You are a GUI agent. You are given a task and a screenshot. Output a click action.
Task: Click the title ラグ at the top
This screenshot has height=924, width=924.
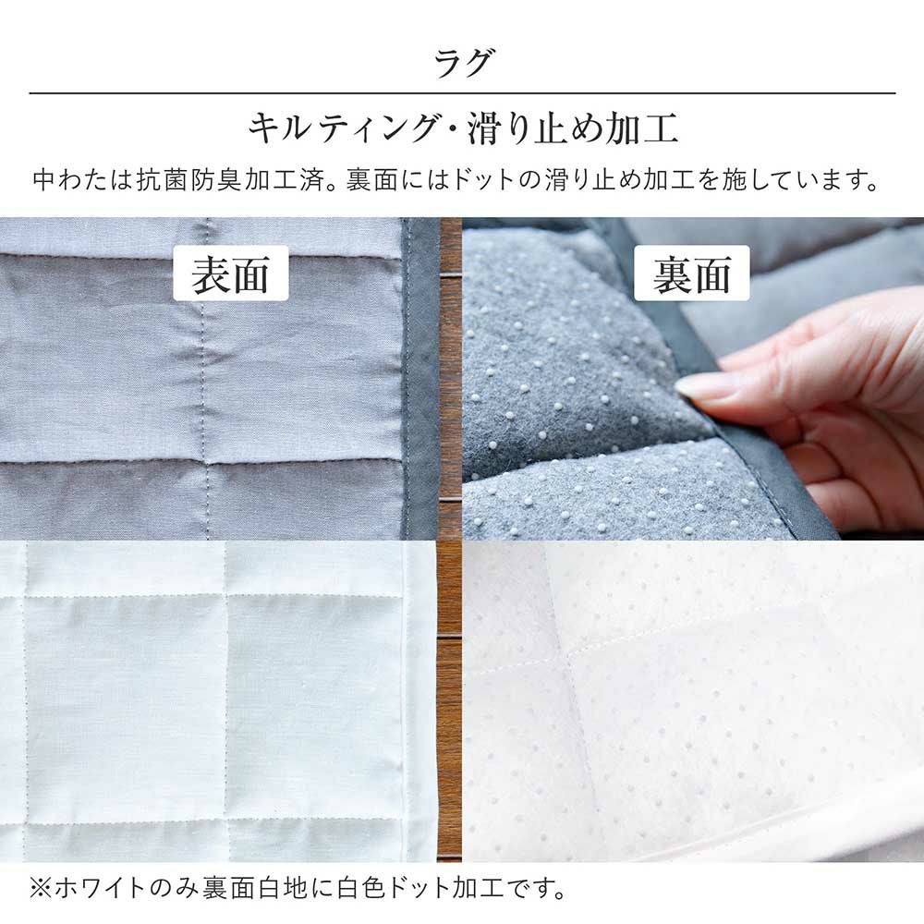(x=462, y=63)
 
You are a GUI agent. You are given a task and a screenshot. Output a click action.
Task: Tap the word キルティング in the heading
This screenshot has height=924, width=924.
(x=344, y=128)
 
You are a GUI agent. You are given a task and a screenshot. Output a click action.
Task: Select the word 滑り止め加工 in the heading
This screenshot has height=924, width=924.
(x=573, y=128)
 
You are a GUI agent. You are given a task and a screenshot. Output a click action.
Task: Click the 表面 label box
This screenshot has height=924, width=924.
(x=230, y=274)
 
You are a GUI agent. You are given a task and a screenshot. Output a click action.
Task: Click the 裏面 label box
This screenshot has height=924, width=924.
(x=691, y=274)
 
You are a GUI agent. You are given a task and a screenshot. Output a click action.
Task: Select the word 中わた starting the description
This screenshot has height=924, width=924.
(x=71, y=180)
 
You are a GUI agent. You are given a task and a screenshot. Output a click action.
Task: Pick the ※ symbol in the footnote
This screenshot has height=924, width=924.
(x=41, y=888)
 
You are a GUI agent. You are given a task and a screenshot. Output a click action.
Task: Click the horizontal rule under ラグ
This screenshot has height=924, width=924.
(x=462, y=93)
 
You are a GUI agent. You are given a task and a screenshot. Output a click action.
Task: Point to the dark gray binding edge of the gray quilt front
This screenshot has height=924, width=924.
(x=420, y=378)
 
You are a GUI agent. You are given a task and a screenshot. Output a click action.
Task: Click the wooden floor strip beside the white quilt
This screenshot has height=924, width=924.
(x=449, y=700)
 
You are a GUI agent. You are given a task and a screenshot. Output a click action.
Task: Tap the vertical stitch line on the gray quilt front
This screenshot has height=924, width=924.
(x=205, y=378)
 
